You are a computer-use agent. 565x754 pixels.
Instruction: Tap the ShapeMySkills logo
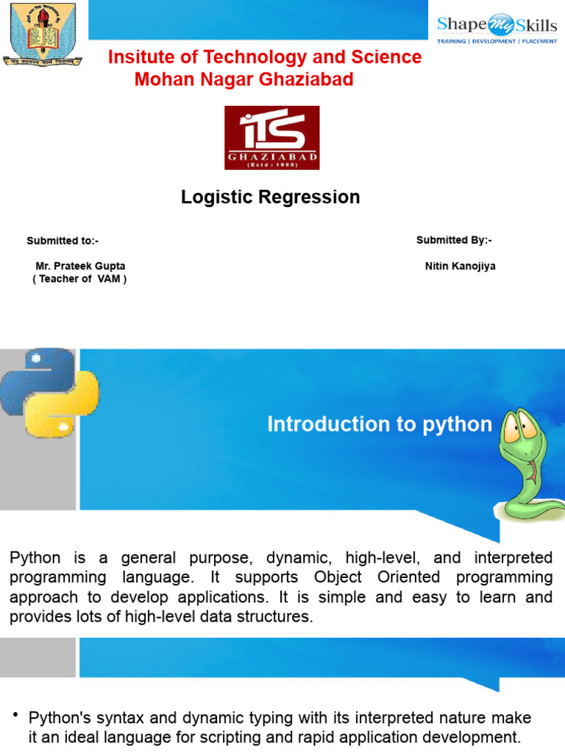(x=497, y=29)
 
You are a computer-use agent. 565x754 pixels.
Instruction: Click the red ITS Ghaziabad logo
(x=271, y=138)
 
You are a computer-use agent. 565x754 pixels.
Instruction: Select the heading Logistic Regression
(x=271, y=197)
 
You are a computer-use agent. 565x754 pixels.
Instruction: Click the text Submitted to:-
(x=63, y=241)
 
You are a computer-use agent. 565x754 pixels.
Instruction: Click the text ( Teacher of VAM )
(x=79, y=279)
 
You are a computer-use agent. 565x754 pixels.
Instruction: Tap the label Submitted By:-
(x=454, y=240)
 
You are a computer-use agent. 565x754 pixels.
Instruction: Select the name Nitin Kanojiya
(x=460, y=267)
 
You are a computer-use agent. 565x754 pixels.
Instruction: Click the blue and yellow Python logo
(x=49, y=392)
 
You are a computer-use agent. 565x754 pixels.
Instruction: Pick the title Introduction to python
(x=380, y=424)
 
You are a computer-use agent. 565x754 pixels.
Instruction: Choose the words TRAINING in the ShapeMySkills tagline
(x=452, y=41)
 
